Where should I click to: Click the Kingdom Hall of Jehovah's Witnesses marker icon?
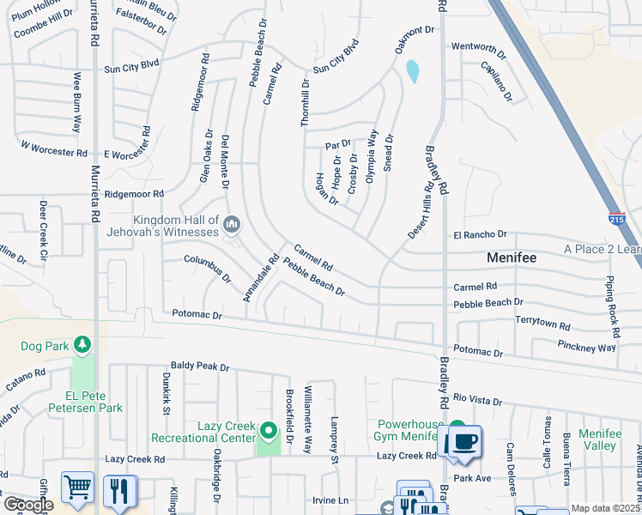[231, 226]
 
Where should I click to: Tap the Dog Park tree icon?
[82, 344]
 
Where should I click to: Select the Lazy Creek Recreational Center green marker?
[269, 430]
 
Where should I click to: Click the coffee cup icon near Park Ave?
[463, 442]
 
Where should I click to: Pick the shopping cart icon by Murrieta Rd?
[77, 488]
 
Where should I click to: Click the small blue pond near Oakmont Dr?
[413, 71]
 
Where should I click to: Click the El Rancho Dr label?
[481, 234]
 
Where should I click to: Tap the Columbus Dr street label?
[207, 268]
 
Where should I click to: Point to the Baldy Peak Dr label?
[200, 367]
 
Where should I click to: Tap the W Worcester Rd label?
[54, 151]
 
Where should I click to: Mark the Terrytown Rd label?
[542, 322]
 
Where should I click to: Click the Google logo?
[27, 505]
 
